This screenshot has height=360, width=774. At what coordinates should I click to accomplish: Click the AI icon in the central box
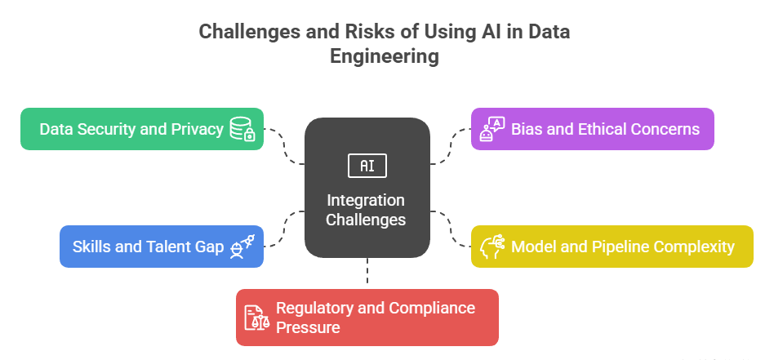(367, 166)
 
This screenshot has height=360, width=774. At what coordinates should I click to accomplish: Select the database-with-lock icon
(242, 129)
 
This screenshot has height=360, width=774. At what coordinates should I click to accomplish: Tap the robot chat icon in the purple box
(492, 129)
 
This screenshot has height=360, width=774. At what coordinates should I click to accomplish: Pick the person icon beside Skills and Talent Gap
(242, 247)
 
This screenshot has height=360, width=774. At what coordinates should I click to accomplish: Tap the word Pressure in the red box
(308, 327)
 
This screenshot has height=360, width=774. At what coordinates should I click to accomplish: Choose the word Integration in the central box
(366, 201)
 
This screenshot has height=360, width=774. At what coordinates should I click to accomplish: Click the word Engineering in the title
(384, 56)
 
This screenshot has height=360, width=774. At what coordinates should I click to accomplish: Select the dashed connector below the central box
(367, 271)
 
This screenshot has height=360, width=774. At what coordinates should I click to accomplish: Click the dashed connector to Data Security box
(285, 147)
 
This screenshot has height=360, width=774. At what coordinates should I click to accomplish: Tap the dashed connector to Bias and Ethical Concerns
(450, 147)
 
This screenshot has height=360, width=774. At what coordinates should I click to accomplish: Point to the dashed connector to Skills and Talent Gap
(285, 228)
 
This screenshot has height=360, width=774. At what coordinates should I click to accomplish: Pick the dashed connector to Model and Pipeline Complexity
(450, 228)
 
